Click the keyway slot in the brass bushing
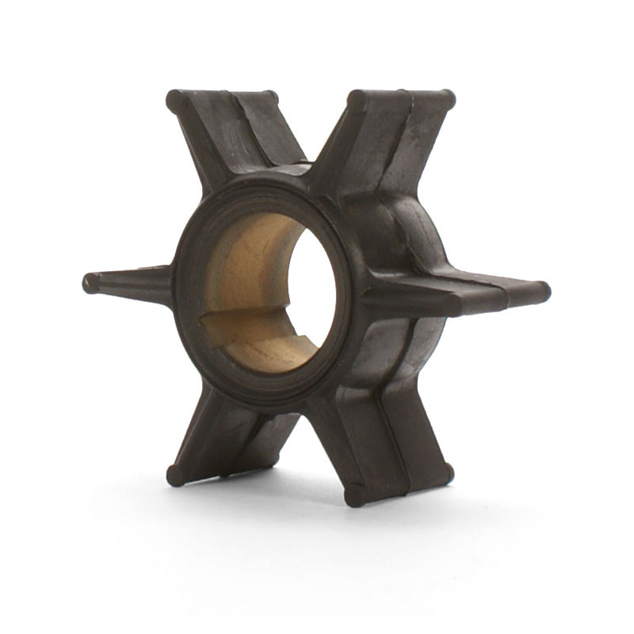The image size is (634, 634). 238,321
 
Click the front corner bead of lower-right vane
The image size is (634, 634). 356,496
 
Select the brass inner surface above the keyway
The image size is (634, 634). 246,262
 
